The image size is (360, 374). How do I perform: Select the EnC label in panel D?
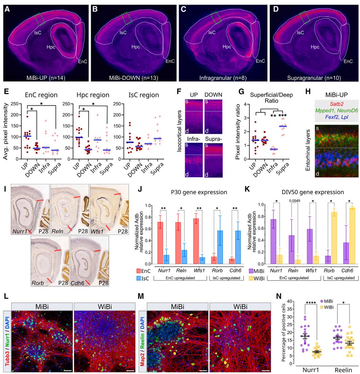[348, 61]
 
